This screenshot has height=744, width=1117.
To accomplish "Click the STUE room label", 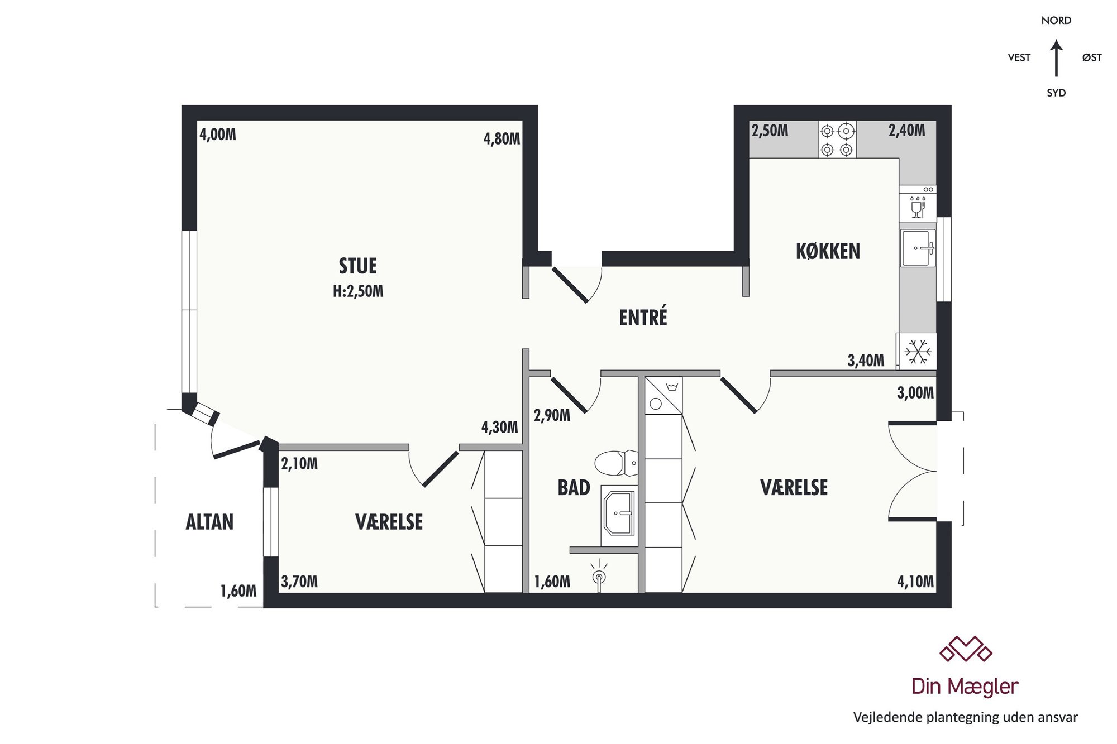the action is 358,266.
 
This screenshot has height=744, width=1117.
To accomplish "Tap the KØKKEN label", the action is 828,252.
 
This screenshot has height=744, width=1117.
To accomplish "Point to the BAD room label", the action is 574,488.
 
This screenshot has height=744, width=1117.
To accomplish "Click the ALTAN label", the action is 209,522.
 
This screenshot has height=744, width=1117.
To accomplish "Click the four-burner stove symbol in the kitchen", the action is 837,140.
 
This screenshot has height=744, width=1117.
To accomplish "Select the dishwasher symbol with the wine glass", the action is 918,204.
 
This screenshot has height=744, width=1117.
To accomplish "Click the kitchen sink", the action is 918,248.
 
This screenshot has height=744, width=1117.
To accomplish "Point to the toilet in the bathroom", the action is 616,463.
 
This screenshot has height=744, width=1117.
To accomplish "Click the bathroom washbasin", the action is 619,513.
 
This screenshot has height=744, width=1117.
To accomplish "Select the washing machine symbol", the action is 663,396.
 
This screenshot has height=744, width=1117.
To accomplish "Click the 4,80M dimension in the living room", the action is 502,138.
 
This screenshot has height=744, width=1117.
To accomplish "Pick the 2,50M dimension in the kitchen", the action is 770,131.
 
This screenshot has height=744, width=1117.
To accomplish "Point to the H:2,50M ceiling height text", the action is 358,291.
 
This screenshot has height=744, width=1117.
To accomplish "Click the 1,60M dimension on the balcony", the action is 238,591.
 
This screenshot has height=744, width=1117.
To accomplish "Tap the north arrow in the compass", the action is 1056,58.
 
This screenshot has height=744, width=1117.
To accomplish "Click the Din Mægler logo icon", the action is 966,649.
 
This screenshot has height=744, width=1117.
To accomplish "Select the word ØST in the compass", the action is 1092,57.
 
